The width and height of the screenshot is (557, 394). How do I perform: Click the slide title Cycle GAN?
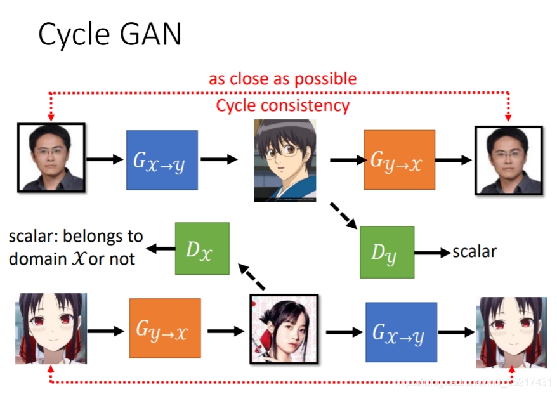click(x=110, y=35)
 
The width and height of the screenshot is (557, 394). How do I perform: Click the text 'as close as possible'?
click(x=282, y=79)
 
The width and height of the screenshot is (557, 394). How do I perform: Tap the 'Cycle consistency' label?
click(x=282, y=105)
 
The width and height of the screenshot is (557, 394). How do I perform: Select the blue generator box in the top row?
click(x=162, y=160)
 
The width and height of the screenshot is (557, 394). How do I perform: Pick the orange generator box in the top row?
click(x=399, y=160)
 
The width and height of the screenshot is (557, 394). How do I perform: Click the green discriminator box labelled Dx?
click(x=202, y=249)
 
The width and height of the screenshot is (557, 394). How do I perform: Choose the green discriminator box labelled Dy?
click(x=386, y=252)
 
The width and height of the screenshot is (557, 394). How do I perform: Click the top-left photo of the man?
click(x=51, y=157)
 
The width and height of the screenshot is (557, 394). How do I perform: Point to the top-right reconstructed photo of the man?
click(x=509, y=161)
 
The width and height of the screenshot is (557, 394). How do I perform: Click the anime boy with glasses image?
click(x=285, y=160)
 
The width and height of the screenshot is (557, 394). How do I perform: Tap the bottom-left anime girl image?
click(x=51, y=328)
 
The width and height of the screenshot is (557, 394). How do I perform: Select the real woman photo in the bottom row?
click(x=284, y=329)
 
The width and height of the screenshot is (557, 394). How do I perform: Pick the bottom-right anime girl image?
click(x=511, y=332)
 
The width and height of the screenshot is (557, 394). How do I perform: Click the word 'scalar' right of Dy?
click(x=474, y=252)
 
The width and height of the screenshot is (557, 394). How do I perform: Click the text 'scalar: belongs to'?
click(x=75, y=237)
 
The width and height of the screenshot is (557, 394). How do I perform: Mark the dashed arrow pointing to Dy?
click(x=343, y=215)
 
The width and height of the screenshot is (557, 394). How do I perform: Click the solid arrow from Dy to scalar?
click(x=433, y=253)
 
